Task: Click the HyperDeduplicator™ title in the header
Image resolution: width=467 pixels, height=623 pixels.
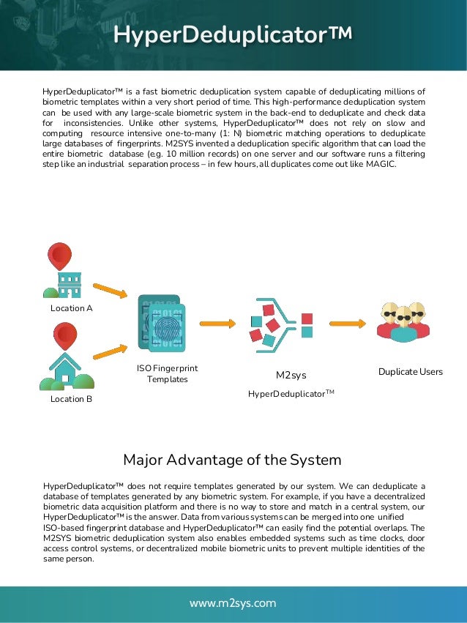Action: click(x=233, y=34)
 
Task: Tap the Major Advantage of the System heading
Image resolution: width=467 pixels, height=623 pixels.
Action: click(x=232, y=460)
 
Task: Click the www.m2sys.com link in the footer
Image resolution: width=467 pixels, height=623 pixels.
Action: click(x=233, y=603)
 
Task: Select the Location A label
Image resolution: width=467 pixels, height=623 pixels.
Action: click(x=72, y=308)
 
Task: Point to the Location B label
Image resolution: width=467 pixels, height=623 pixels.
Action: click(x=72, y=399)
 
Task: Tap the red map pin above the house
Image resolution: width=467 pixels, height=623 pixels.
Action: click(x=66, y=335)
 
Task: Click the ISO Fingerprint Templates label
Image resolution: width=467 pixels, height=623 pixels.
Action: click(x=168, y=373)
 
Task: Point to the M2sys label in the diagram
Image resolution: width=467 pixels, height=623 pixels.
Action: click(x=291, y=375)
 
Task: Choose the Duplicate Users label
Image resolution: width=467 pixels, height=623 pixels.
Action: click(x=411, y=372)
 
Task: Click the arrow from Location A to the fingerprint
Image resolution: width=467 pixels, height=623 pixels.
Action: click(x=111, y=291)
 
